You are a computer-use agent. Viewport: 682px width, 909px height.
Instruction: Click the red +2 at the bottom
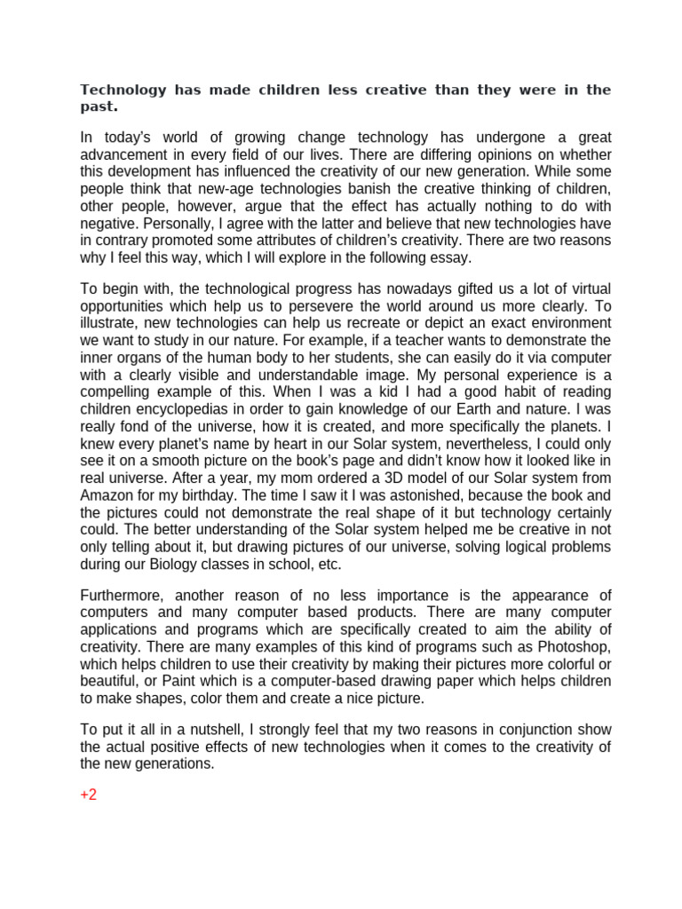tap(88, 794)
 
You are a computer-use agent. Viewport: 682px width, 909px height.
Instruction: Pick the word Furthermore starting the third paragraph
tap(123, 595)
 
